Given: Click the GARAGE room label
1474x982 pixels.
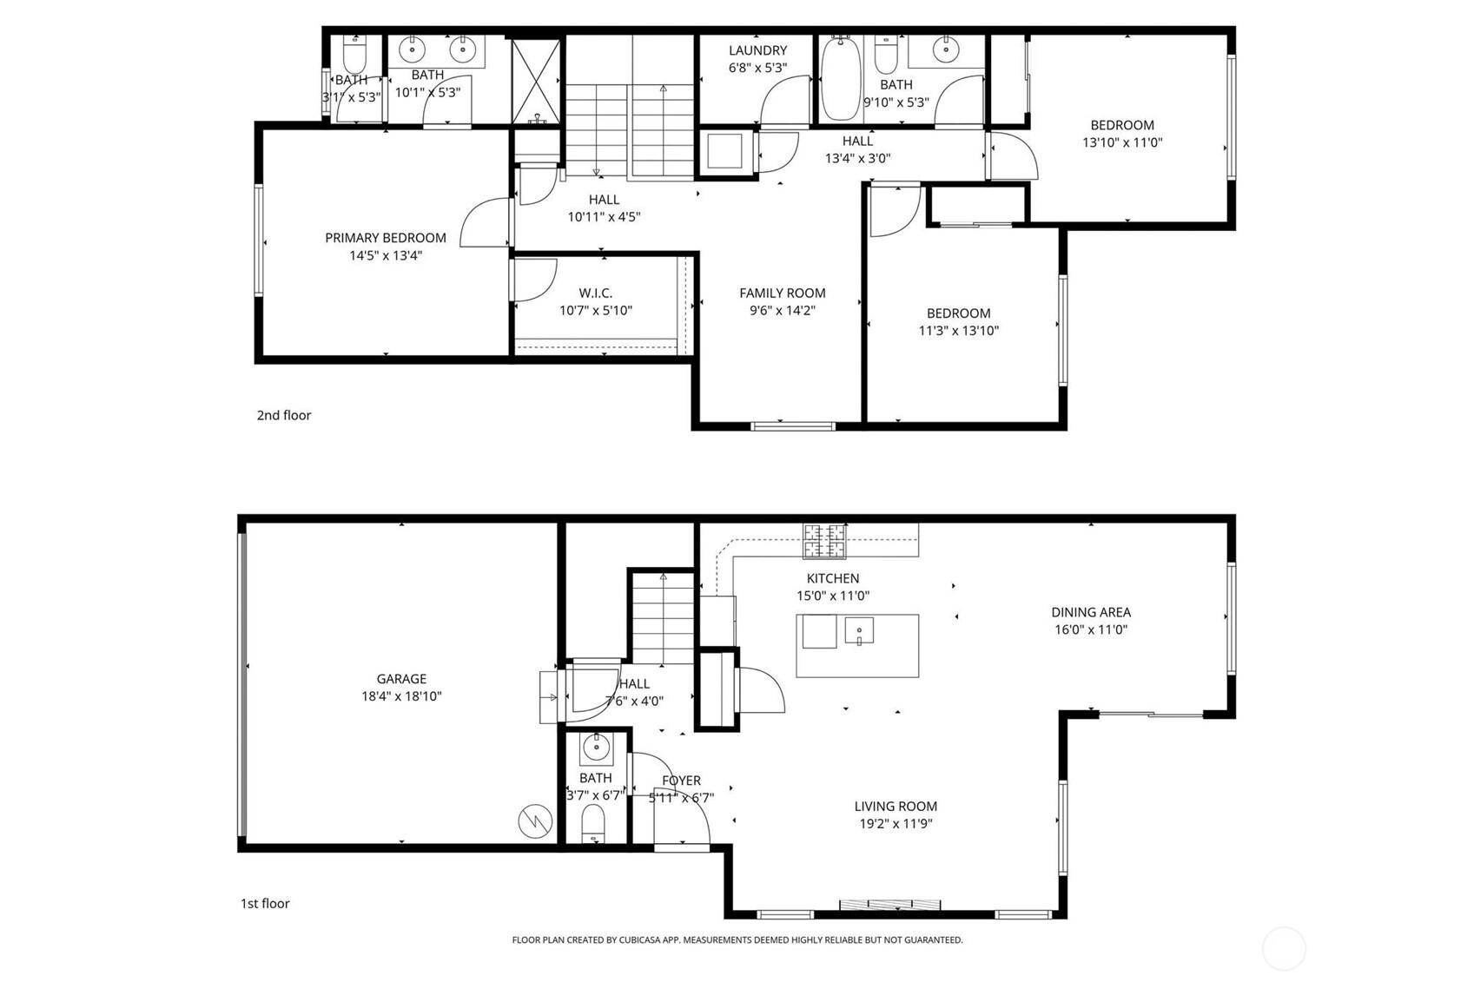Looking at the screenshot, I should click(401, 679).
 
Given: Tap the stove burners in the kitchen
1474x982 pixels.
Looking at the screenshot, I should click(824, 541).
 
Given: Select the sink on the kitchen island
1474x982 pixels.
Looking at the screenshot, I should click(858, 629).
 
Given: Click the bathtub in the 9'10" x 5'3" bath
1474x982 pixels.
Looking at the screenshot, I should click(840, 78).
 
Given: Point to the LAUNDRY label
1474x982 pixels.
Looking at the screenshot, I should click(757, 50).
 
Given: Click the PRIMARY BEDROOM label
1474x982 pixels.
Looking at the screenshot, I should click(386, 237).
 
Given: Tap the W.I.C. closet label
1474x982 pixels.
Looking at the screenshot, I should click(596, 293).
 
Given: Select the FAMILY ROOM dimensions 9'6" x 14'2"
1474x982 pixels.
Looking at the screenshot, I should click(782, 310).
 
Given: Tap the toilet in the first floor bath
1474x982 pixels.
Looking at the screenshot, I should click(592, 821).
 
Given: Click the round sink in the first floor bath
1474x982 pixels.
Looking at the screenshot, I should click(596, 745).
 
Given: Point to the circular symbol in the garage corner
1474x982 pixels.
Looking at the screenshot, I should click(535, 821).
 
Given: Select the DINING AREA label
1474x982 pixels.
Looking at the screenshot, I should click(1091, 612).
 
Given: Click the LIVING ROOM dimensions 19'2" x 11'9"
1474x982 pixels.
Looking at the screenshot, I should click(896, 823).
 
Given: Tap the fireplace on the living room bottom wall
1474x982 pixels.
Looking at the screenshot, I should click(889, 905).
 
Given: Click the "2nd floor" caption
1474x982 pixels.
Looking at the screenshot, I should click(283, 415).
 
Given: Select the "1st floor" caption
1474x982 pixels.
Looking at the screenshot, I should click(265, 903).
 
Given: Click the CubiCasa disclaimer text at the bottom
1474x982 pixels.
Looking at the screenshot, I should click(737, 939).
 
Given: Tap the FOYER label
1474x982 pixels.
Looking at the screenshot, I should click(681, 781).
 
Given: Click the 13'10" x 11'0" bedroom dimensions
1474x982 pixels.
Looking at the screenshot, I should click(1122, 142).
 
